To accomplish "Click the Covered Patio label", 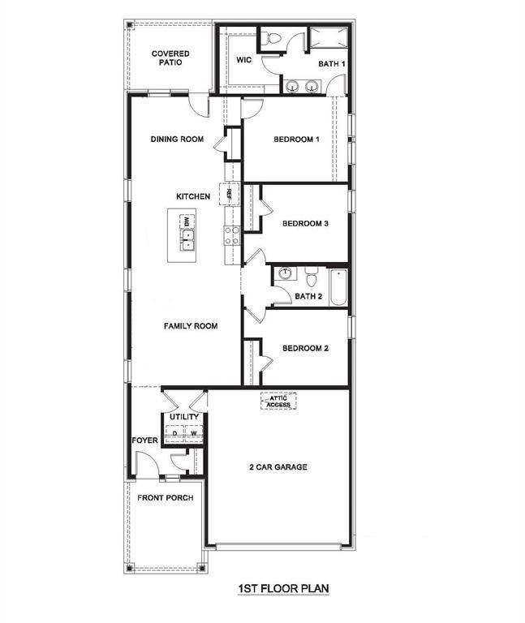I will click(170, 58).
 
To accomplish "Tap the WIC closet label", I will click(245, 60).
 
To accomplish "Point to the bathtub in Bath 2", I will click(338, 286).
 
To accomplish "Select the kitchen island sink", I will click(187, 240).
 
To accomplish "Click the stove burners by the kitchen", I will click(232, 235).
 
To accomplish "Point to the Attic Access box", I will click(278, 400).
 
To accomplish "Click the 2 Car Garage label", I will click(278, 467).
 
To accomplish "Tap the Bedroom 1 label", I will click(296, 140).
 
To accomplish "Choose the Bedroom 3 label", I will click(304, 224).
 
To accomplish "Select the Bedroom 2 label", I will click(304, 349).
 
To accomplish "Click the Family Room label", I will click(191, 326).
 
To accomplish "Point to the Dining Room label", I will click(177, 140).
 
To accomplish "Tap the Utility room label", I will click(184, 417).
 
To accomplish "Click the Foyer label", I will click(145, 440).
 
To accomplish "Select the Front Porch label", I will click(165, 497).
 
